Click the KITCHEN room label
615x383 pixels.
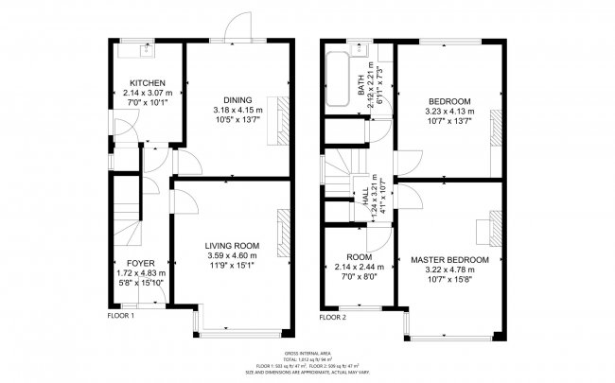click(147, 83)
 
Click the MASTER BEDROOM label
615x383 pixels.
click(448, 259)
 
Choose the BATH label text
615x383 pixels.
click(360, 87)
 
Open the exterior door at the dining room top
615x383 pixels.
click(233, 32)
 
